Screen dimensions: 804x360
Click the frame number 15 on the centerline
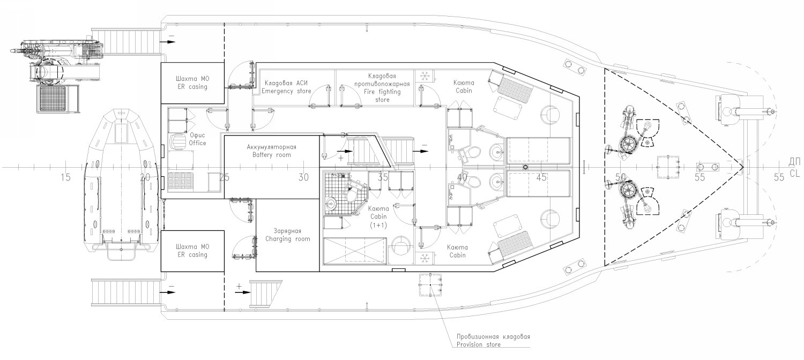click(65, 177)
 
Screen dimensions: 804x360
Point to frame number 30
click(304, 177)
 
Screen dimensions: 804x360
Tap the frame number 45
click(541, 177)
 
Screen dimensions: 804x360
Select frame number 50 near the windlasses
click(620, 177)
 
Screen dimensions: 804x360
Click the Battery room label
click(272, 155)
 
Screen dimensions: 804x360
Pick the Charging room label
click(287, 239)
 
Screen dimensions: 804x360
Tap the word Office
click(198, 143)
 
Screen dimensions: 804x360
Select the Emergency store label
click(286, 91)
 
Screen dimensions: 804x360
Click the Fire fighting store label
click(382, 96)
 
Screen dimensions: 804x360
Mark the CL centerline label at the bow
click(794, 174)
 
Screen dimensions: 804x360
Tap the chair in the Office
click(176, 142)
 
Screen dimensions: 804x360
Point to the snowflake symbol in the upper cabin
click(425, 77)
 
